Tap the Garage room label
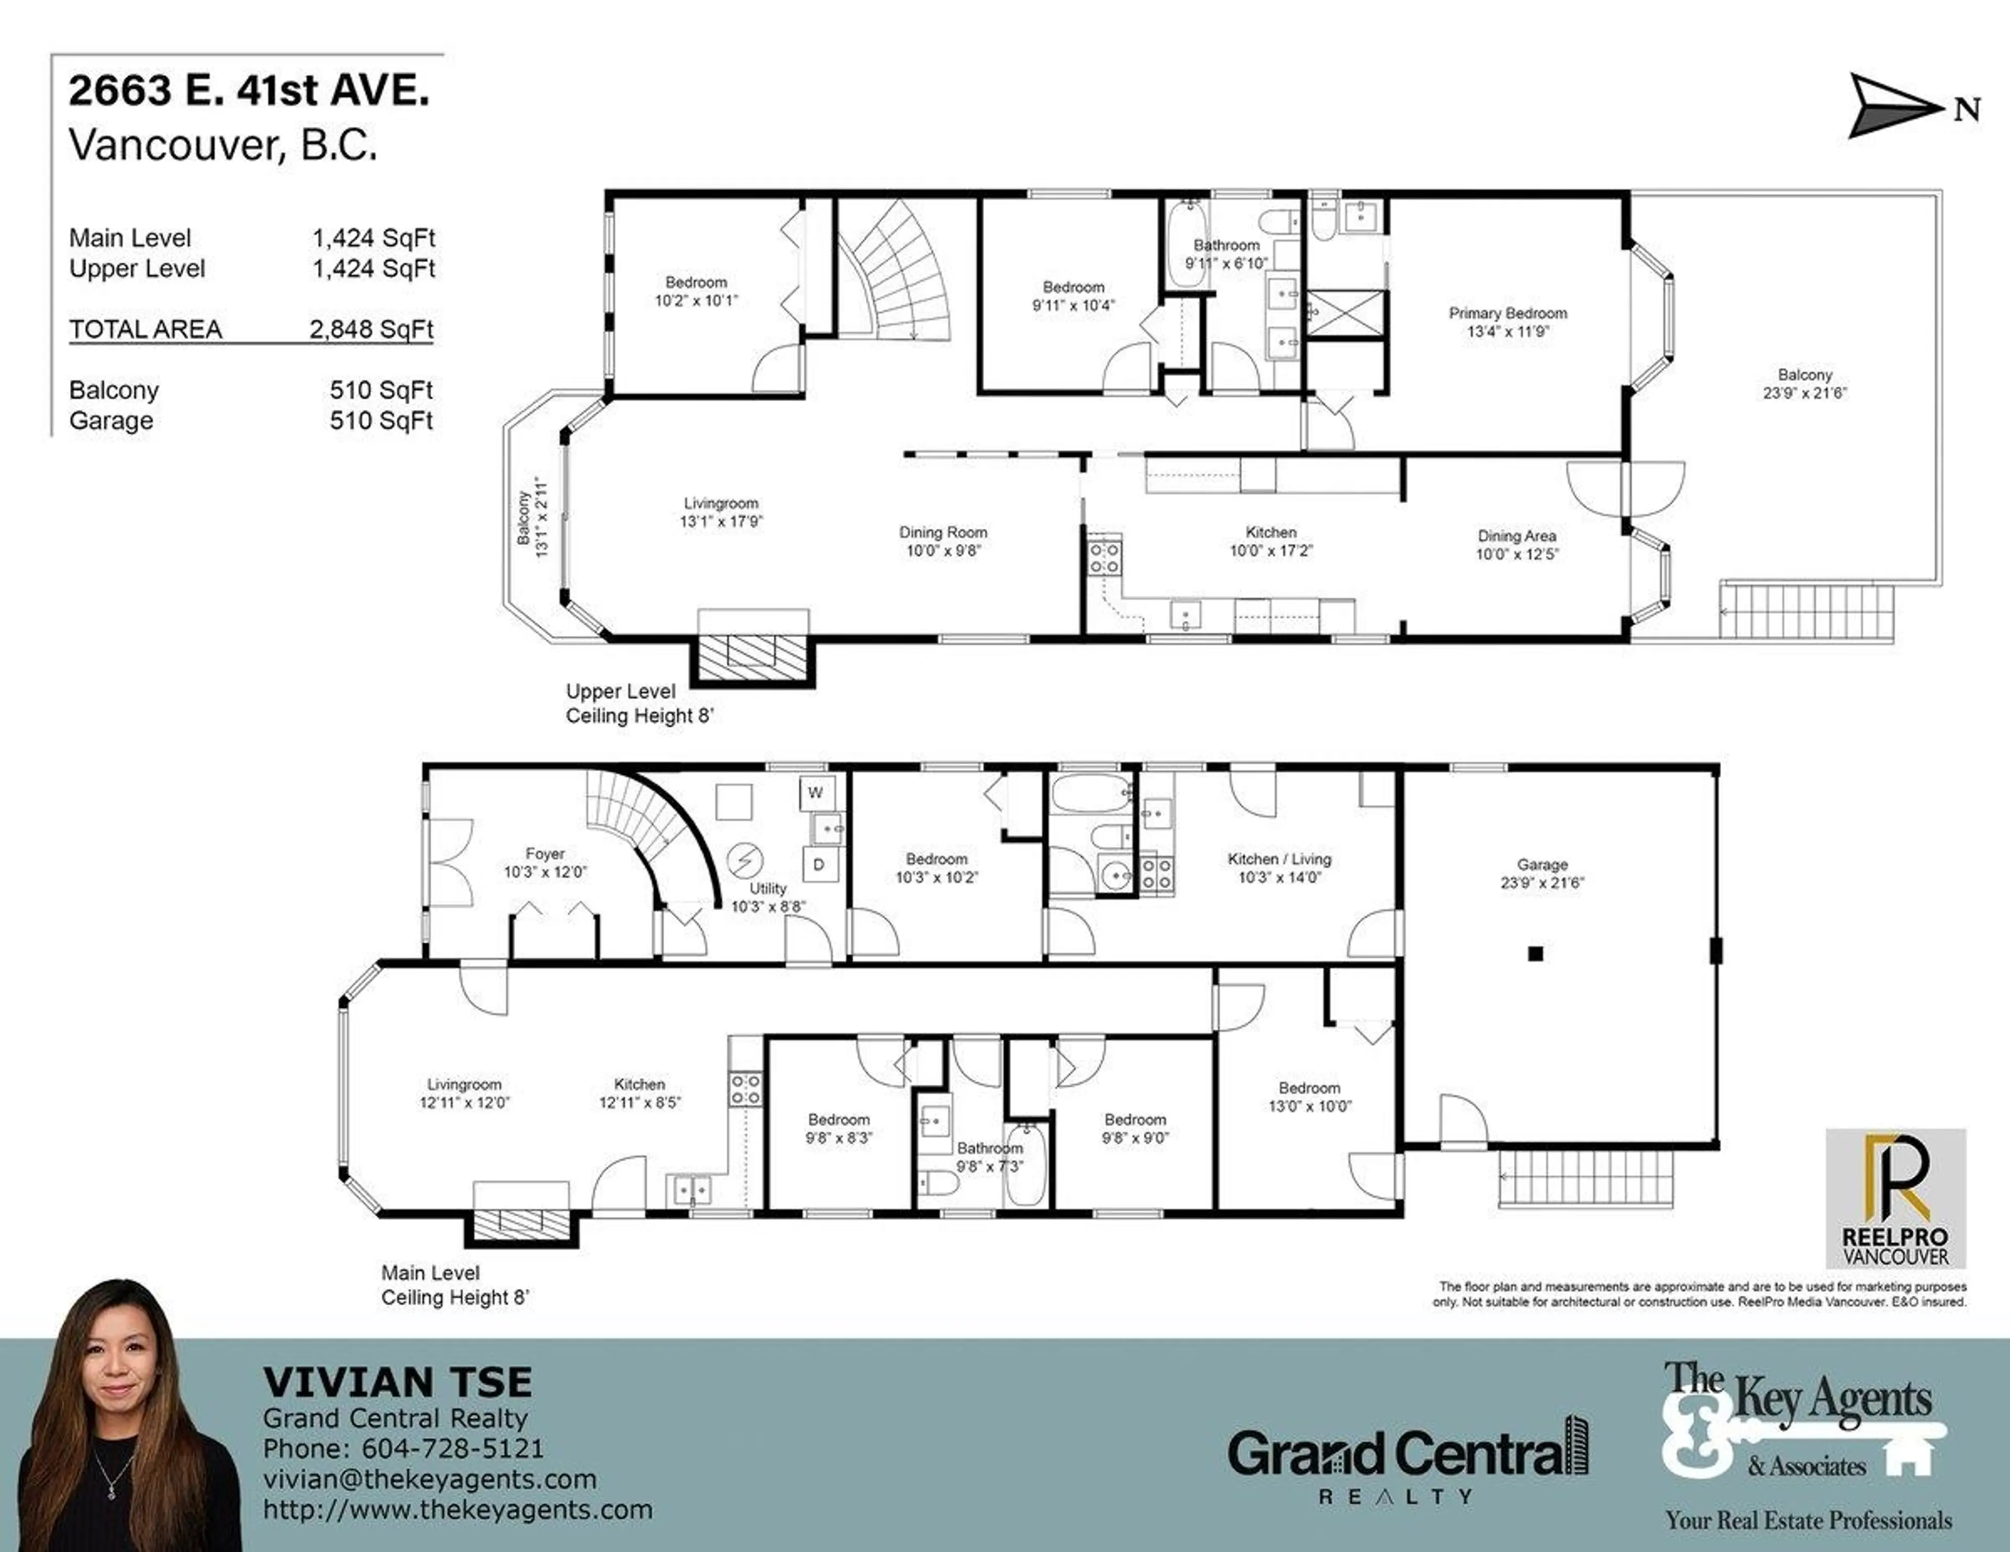pos(1543,865)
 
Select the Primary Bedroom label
pos(1507,314)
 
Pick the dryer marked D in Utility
pos(818,865)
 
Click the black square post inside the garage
pos(1535,954)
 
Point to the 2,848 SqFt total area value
pos(371,329)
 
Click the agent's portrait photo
pos(129,1417)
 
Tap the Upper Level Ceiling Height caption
pos(639,704)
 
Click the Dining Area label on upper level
pos(1517,536)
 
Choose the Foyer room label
pos(545,854)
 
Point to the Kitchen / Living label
pos(1279,859)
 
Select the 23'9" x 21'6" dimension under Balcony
pos(1804,393)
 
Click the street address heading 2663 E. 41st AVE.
pos(249,91)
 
